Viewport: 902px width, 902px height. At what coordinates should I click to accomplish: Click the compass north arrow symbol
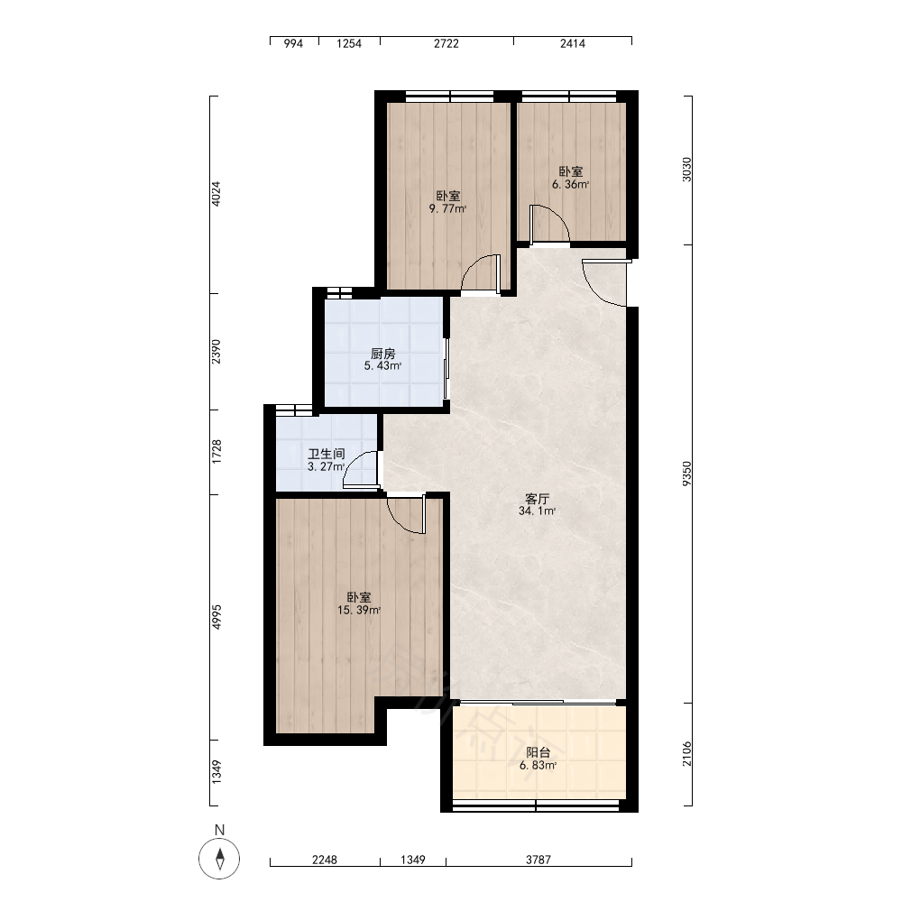click(219, 859)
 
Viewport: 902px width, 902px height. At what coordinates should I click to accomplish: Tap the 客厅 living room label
click(538, 498)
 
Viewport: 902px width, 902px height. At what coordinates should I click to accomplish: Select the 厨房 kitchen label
click(383, 354)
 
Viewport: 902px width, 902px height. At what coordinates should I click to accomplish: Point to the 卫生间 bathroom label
click(327, 454)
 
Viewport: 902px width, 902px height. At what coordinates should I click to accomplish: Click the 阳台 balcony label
click(538, 752)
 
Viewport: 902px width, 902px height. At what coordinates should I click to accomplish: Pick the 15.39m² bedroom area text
click(359, 611)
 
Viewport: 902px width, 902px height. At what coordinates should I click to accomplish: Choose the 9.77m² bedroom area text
click(447, 209)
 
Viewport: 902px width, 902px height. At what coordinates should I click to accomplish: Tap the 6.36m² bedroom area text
click(571, 185)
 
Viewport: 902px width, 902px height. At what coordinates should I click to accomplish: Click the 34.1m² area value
click(538, 511)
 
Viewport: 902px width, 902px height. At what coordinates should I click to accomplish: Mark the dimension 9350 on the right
click(686, 474)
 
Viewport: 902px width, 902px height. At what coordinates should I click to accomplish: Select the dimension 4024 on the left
click(216, 194)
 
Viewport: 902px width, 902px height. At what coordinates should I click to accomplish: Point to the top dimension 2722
click(446, 43)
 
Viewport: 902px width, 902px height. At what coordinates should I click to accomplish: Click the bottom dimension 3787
click(538, 860)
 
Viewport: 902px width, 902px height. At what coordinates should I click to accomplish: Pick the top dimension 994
click(293, 43)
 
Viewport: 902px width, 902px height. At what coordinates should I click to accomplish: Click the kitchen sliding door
click(446, 368)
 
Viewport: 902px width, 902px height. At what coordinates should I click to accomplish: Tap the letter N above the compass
click(219, 830)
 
